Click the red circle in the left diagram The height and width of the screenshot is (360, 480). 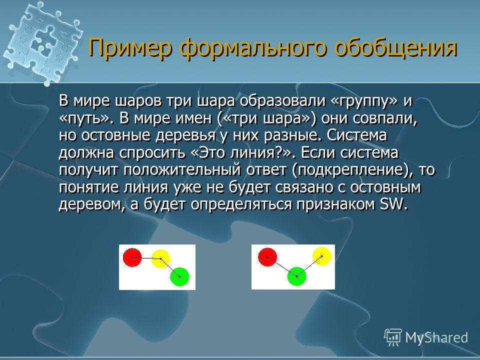(132, 257)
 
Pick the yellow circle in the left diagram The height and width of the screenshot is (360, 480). (160, 258)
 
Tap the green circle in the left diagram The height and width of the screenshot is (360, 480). (179, 276)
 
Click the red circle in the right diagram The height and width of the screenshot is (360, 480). (267, 257)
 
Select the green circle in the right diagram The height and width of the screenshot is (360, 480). (296, 276)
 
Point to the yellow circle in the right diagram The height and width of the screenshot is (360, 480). (321, 256)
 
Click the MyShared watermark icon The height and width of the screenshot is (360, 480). (393, 337)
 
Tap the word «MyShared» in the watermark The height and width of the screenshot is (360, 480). (436, 337)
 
